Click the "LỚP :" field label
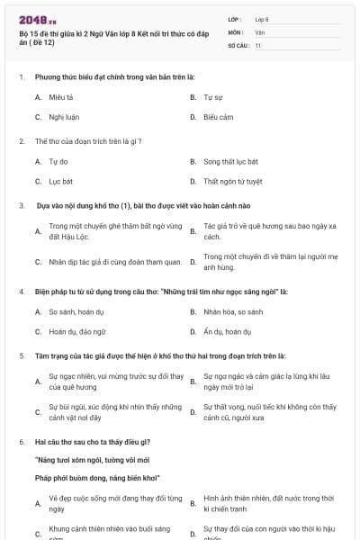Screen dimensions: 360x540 [x=236, y=18]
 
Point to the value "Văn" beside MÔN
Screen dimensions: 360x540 [x=260, y=31]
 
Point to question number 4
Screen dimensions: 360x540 [x=22, y=292]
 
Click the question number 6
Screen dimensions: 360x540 [x=22, y=442]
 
